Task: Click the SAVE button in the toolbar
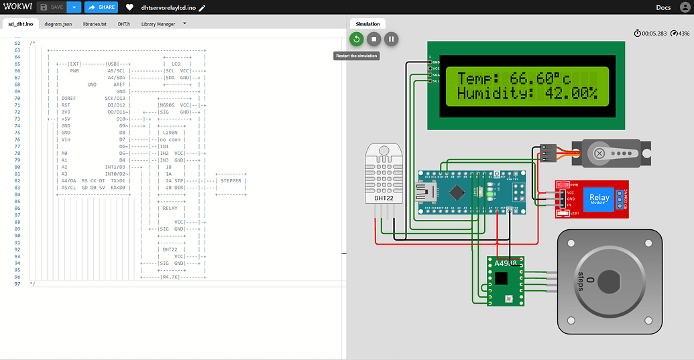[52, 7]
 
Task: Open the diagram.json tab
[58, 24]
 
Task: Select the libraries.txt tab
[95, 24]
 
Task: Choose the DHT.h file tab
[123, 24]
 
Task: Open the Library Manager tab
[158, 24]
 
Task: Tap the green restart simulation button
[356, 40]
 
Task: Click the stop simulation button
[373, 40]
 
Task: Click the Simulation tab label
[367, 23]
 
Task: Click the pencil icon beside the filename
[202, 8]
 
